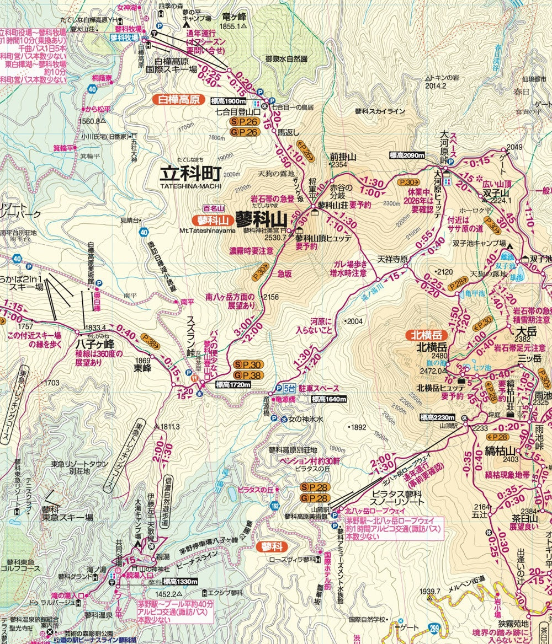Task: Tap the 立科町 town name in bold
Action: (190, 173)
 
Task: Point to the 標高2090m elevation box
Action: (407, 156)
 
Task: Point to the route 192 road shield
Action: (274, 505)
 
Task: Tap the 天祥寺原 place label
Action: (392, 259)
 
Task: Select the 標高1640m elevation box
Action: (328, 400)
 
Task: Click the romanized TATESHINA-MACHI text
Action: (190, 186)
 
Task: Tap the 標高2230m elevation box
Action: (438, 417)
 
